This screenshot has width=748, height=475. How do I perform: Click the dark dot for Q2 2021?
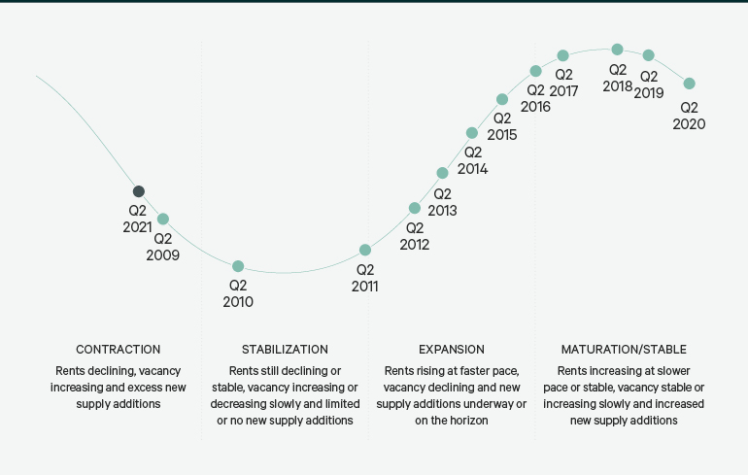[x=139, y=191]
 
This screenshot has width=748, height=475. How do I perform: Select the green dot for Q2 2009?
[x=163, y=220]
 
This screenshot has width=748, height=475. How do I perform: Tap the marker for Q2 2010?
[x=238, y=266]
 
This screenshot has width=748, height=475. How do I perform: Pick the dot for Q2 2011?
[x=365, y=250]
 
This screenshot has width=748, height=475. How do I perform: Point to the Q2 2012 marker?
[x=415, y=208]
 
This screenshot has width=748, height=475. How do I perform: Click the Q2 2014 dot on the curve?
[x=472, y=133]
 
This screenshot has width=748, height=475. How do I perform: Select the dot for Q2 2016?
[x=535, y=71]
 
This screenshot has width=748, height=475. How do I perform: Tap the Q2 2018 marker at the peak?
[x=617, y=50]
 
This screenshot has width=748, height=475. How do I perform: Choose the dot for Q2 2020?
[x=690, y=84]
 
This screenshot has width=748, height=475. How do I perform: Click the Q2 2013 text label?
[x=442, y=202]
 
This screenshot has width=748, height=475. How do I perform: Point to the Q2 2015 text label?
[x=502, y=126]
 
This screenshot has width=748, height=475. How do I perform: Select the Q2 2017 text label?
[x=563, y=83]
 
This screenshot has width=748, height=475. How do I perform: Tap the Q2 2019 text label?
[x=649, y=85]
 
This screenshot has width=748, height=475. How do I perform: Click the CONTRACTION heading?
[x=119, y=349]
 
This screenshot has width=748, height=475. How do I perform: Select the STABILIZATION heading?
[x=285, y=349]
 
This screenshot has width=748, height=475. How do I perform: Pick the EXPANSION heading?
[x=452, y=349]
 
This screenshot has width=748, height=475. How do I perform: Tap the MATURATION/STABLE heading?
[x=624, y=349]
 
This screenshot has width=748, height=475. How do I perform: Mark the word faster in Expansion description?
[x=473, y=370]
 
